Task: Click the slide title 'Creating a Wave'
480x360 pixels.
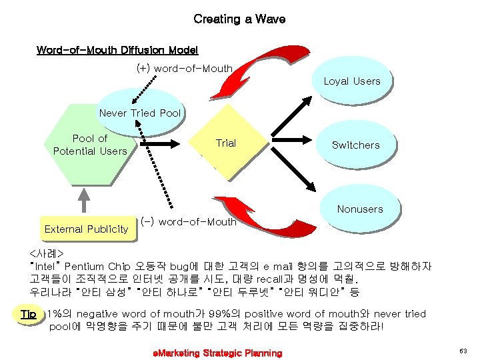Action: (239, 19)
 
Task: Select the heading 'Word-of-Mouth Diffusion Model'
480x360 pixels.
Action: (117, 50)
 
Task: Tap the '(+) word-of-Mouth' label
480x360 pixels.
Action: (184, 68)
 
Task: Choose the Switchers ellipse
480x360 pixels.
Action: (355, 145)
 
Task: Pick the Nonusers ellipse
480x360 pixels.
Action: (360, 209)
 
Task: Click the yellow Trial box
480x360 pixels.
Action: (225, 143)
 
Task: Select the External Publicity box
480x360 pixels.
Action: (86, 229)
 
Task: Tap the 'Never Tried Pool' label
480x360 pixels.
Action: (140, 113)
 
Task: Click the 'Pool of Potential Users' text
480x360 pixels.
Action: (90, 145)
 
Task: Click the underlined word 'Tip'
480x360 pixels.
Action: (29, 314)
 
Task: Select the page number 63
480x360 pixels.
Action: (463, 351)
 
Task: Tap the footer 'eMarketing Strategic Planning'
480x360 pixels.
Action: (217, 353)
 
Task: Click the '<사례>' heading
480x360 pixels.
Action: (46, 254)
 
